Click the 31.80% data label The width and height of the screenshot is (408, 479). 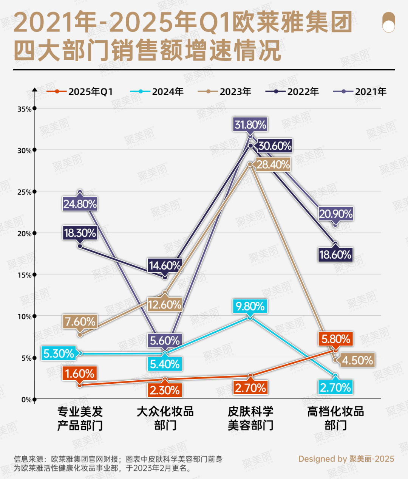250,124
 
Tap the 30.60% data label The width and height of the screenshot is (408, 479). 275,146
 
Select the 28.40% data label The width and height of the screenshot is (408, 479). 273,164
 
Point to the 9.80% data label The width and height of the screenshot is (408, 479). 250,306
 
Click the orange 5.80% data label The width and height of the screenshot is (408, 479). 335,339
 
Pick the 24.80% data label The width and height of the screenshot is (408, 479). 80,204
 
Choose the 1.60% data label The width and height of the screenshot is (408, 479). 79,374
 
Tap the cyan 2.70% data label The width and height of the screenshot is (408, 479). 335,387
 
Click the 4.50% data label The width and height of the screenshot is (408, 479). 357,360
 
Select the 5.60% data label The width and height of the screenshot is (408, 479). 165,341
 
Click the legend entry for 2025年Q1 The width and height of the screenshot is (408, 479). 80,92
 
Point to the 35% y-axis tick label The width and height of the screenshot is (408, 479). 24,109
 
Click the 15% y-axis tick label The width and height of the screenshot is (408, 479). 24,275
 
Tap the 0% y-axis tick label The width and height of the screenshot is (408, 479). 26,400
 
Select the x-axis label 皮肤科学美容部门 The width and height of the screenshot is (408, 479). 250,418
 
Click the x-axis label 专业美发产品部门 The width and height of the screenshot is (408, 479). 80,418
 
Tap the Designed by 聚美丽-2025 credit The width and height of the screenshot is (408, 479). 346,459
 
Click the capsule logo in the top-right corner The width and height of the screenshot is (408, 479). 388,22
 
